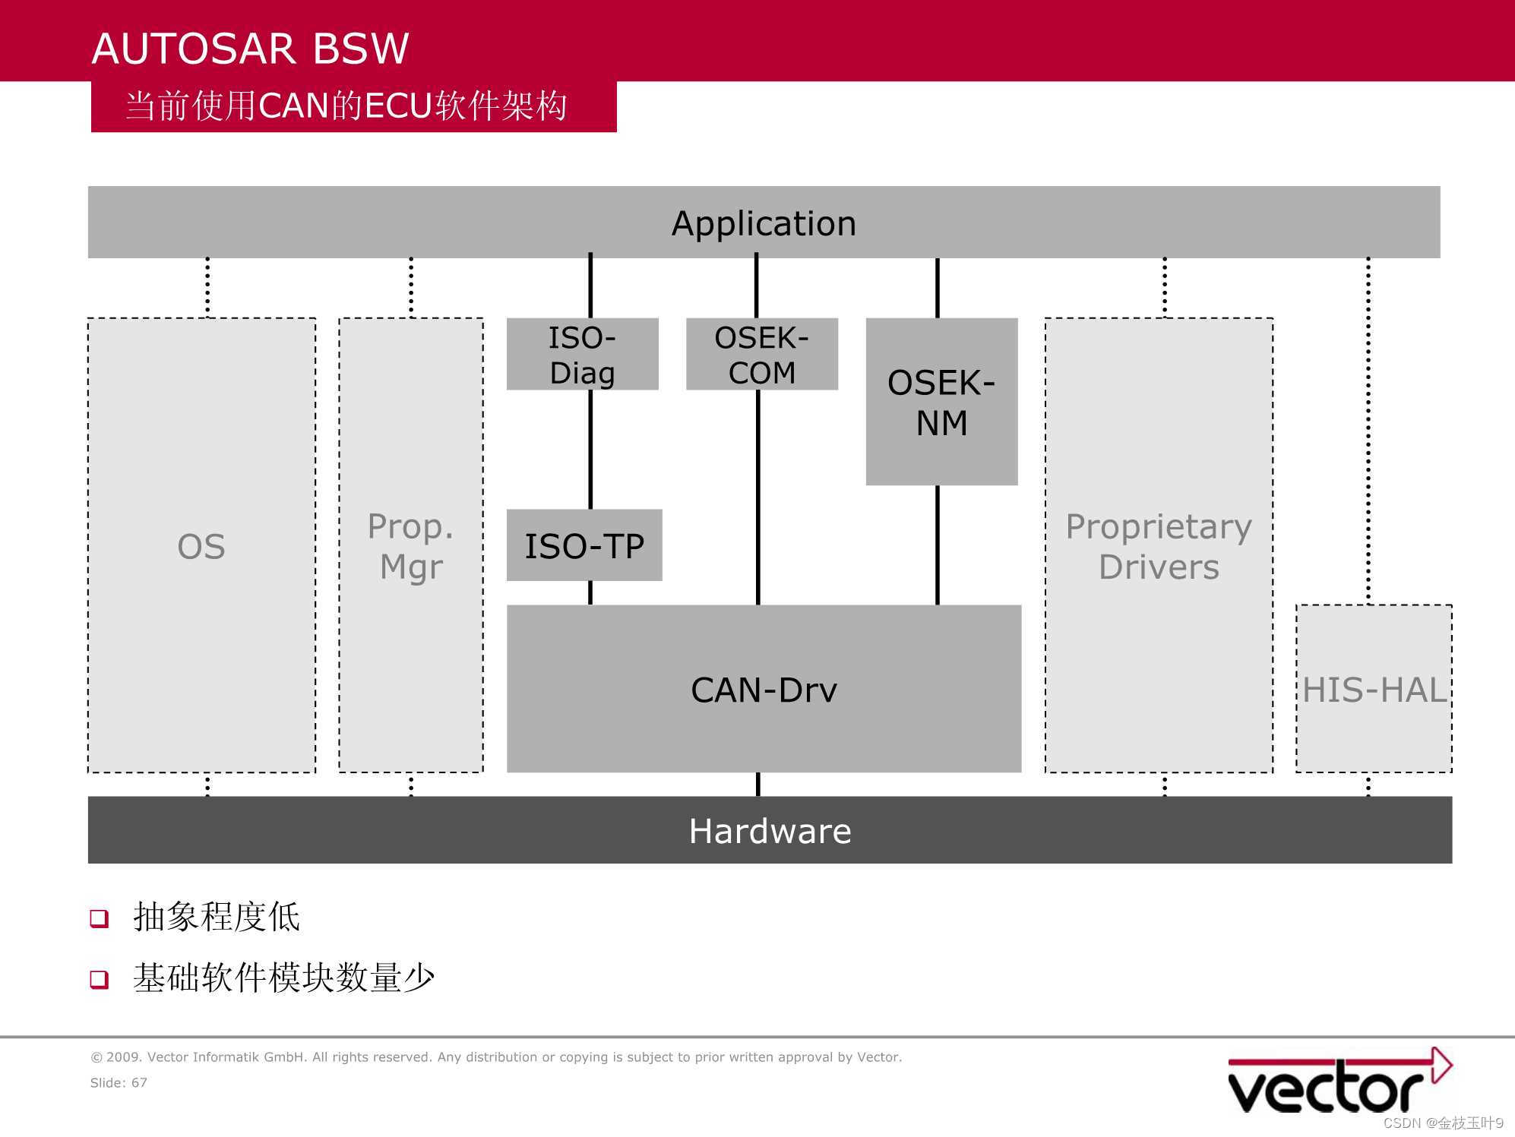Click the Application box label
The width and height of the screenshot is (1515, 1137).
coord(764,223)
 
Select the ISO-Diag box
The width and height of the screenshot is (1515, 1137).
coord(582,355)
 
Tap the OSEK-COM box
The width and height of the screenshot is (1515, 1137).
coord(761,355)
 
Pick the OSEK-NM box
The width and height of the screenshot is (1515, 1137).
coord(941,403)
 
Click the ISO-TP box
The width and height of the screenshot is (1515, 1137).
coord(584,546)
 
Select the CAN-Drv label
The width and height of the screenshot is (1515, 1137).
coord(764,690)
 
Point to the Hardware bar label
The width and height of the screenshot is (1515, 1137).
coord(770,831)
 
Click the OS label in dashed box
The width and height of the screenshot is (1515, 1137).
coord(201,547)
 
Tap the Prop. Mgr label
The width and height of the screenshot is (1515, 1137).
coord(411,547)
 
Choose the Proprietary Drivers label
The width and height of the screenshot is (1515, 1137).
coord(1159,547)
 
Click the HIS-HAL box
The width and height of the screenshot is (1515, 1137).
coord(1374,690)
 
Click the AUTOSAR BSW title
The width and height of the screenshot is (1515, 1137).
coord(250,49)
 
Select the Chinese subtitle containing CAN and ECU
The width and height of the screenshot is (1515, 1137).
coord(346,106)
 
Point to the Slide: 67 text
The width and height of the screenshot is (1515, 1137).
coord(119,1082)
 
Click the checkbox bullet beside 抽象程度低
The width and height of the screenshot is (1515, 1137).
coord(100,918)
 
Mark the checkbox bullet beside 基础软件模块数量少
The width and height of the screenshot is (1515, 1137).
coord(100,979)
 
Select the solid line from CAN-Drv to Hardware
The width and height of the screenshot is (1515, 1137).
coord(757,785)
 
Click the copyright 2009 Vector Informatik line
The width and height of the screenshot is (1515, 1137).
coord(496,1056)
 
